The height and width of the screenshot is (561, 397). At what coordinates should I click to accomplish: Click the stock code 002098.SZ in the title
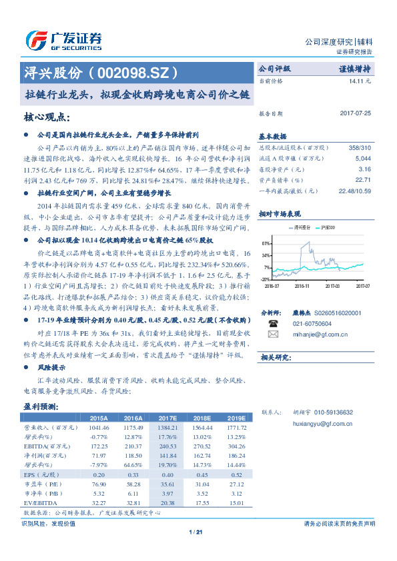point(134,72)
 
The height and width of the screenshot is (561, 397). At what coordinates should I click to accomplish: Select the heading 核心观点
point(47,118)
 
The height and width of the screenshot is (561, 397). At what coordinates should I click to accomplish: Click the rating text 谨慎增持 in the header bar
point(359,69)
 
